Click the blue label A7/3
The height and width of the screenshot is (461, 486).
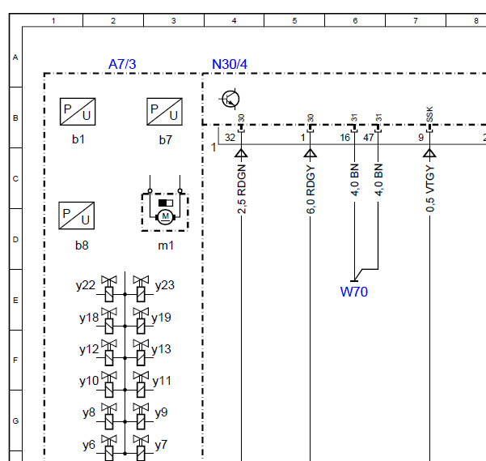pos(122,64)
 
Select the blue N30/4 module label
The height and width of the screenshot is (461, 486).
pos(230,64)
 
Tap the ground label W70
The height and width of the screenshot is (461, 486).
pos(354,292)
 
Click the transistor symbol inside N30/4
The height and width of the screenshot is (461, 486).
pos(230,99)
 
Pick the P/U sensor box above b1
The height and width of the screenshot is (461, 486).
pos(78,112)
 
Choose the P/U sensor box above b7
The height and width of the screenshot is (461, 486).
pos(165,112)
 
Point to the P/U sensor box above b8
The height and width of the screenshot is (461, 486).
pos(77,216)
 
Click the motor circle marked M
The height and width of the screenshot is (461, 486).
pos(166,216)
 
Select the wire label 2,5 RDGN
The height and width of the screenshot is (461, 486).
pos(242,189)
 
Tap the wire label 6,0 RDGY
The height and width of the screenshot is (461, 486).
pos(311,190)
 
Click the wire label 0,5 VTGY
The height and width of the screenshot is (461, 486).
pos(430,189)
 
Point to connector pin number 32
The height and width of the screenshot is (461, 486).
pos(230,138)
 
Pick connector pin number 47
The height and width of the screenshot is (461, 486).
pos(369,138)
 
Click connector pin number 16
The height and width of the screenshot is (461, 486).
pos(345,138)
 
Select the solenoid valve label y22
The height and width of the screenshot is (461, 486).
pos(86,286)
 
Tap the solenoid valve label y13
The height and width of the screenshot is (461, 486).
pos(161,349)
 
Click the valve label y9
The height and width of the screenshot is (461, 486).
pos(161,413)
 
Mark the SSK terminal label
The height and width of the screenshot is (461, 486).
pos(429,114)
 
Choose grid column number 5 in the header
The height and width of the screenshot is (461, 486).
pos(294,21)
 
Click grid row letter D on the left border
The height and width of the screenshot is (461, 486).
pos(15,239)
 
